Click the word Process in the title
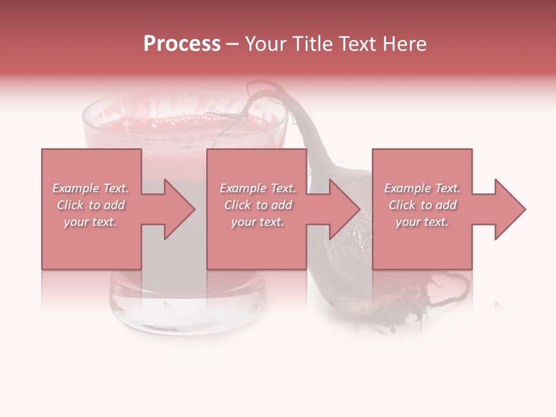click(182, 43)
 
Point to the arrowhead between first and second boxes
click(180, 209)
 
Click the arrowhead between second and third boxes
click(345, 209)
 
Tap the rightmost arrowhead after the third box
click(510, 209)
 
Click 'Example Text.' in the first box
click(91, 188)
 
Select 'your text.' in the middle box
click(257, 222)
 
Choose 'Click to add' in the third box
click(422, 205)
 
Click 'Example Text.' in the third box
click(422, 188)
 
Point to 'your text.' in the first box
click(90, 222)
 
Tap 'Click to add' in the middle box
click(257, 205)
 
